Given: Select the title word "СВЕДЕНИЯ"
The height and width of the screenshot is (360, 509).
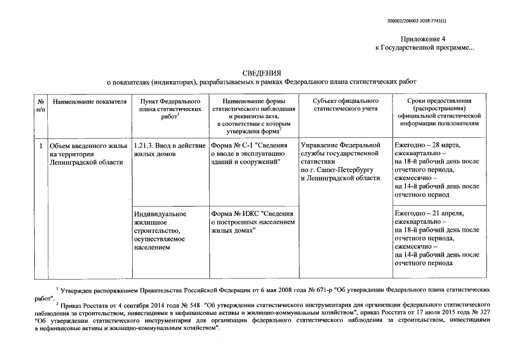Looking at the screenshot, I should [260, 73].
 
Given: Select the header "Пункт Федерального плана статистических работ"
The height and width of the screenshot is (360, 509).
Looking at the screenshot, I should [169, 109].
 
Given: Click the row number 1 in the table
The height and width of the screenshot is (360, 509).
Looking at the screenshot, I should [40, 146].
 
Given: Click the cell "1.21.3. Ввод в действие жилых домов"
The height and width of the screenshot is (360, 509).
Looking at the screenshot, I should [169, 149].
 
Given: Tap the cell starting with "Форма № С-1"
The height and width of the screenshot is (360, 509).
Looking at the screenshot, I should [251, 154].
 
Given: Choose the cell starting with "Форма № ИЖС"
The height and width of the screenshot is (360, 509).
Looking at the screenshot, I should [251, 222].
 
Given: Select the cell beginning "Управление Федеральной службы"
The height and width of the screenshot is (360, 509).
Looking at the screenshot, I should [344, 161].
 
